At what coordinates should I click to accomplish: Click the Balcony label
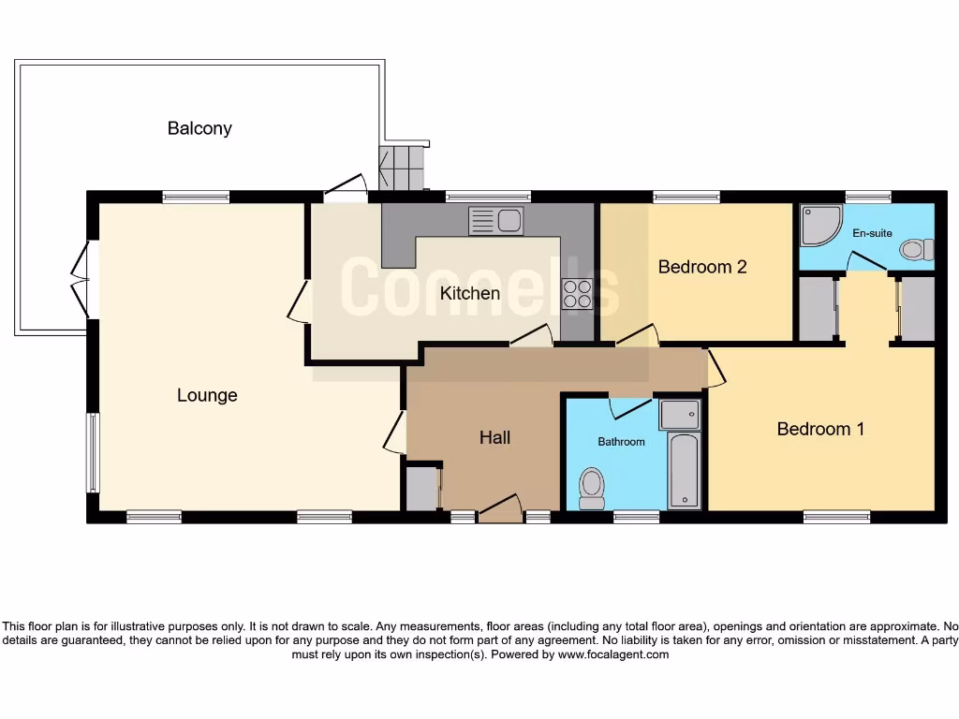[x=199, y=128]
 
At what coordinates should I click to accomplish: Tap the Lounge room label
[x=207, y=395]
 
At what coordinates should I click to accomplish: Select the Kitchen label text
[x=470, y=293]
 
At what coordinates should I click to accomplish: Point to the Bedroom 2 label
[x=702, y=267]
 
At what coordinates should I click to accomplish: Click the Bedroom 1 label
[x=820, y=429]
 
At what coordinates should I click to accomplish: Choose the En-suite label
[x=872, y=233]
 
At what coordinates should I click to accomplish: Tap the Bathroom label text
[x=622, y=441]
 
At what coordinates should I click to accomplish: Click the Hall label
[x=494, y=437]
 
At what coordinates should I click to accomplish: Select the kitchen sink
[x=496, y=221]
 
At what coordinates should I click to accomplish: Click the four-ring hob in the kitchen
[x=577, y=294]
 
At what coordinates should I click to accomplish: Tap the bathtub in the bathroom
[x=685, y=470]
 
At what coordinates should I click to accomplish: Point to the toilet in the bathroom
[x=591, y=488]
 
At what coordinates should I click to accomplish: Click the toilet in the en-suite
[x=916, y=250]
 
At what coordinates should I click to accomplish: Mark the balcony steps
[x=402, y=168]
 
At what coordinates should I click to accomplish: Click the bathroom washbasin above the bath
[x=679, y=414]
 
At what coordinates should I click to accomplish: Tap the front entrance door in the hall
[x=500, y=507]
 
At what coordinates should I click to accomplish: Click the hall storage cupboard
[x=422, y=487]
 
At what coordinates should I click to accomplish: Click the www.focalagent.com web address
[x=613, y=654]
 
